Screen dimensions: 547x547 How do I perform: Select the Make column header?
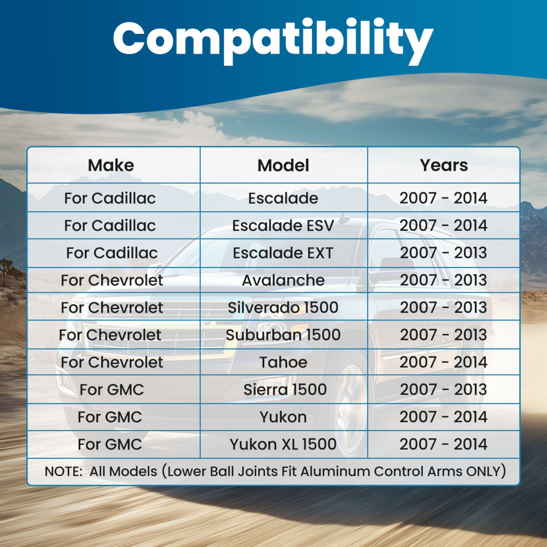[111, 165]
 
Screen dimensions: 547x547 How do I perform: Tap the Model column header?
[283, 165]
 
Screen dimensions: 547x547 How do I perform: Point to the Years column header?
[444, 165]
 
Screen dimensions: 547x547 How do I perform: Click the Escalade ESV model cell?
[283, 225]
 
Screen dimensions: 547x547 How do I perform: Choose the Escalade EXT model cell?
[283, 253]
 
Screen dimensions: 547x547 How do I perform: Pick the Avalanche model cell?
[283, 280]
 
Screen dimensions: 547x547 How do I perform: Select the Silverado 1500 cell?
[283, 307]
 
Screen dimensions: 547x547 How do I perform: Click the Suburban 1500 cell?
[283, 335]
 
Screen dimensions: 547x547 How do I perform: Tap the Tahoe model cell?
[283, 362]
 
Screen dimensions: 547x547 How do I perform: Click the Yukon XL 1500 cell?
[283, 444]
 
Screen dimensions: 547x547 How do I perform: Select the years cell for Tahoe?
[444, 362]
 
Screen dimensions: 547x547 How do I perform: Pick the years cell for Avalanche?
[444, 280]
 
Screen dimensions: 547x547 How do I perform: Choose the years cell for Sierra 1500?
[444, 389]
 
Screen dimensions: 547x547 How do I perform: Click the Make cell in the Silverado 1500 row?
[112, 307]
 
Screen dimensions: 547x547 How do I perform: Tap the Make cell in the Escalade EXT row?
[112, 253]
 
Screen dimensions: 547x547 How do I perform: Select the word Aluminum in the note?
[335, 472]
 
